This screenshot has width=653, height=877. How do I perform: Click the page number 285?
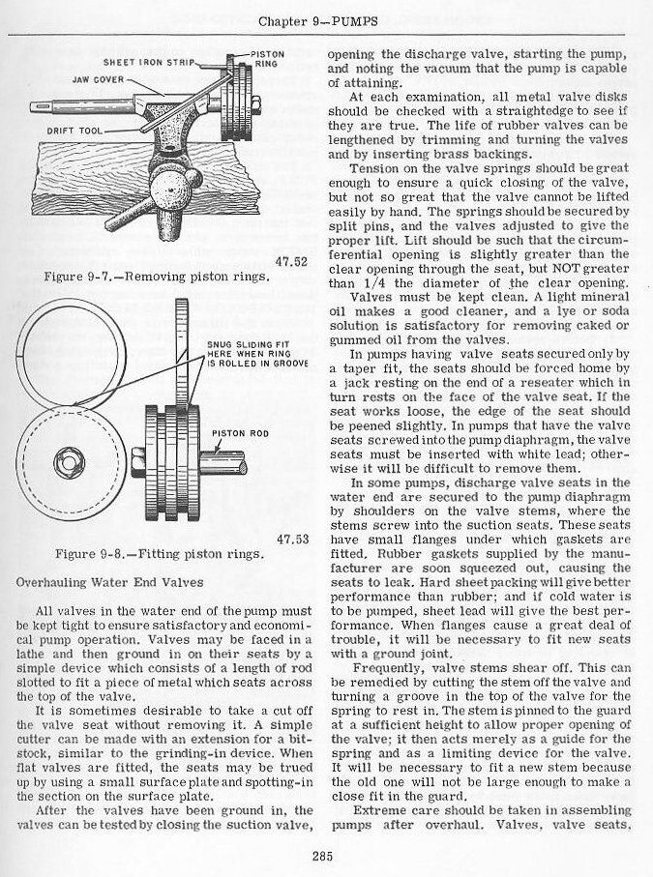coord(324,852)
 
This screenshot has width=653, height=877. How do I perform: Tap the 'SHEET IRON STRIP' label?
coord(152,61)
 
